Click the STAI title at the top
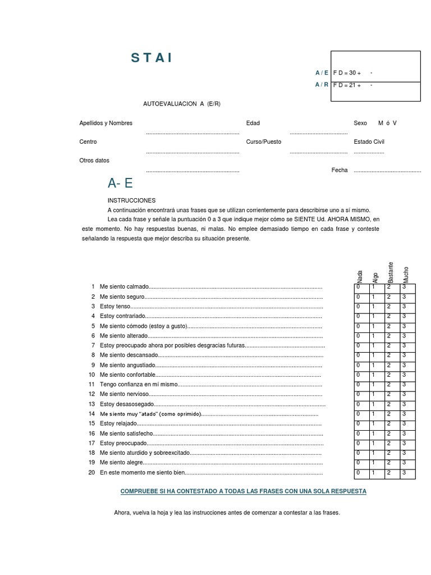152,58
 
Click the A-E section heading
120,184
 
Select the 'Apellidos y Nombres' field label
106,123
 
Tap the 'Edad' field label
253,123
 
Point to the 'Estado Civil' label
369,142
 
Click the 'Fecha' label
340,170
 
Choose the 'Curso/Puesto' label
263,142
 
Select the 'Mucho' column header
406,273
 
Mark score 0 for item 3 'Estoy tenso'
359,307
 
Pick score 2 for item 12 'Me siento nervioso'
388,394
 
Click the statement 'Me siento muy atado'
150,414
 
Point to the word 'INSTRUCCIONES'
131,200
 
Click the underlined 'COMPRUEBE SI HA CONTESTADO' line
244,491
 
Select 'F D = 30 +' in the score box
347,73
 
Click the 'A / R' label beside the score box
322,85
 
